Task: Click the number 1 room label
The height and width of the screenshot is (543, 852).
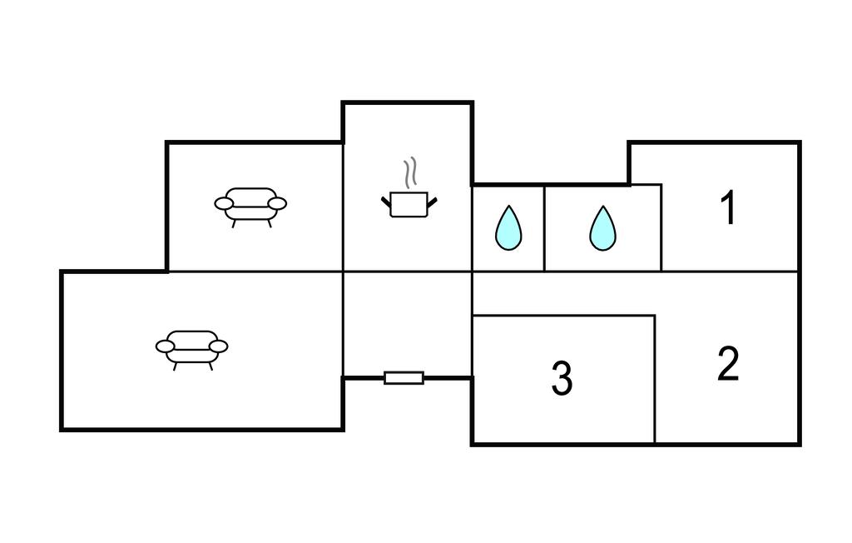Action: coord(729,208)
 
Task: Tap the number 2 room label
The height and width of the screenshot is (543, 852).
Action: coord(728,365)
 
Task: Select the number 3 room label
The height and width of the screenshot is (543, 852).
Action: coord(562,379)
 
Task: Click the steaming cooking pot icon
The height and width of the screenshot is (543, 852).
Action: coord(409,203)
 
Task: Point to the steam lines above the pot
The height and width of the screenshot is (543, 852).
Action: coord(409,173)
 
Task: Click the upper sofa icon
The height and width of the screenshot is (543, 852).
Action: coord(250,205)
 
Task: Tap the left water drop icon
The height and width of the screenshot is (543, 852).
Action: coord(508,227)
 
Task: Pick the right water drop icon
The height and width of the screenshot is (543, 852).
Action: coord(602,227)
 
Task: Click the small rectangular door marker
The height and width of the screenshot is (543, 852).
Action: coord(404,378)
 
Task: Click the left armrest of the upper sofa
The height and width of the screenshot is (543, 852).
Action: coord(225,202)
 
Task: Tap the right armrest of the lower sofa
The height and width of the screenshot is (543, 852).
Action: coord(218,346)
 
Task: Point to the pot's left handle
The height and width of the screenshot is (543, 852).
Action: coord(386,201)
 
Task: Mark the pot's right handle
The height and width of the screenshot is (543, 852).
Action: coord(432,201)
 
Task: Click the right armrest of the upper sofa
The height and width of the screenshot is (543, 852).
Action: coord(277,202)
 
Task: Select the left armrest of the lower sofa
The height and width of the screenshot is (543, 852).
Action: coord(166,346)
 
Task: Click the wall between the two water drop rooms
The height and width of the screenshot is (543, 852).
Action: coord(544,227)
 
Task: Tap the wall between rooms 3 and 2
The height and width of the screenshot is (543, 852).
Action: coord(655,379)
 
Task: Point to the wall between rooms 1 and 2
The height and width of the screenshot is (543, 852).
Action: coord(731,271)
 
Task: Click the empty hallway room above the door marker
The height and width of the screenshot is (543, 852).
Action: coord(408,323)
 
